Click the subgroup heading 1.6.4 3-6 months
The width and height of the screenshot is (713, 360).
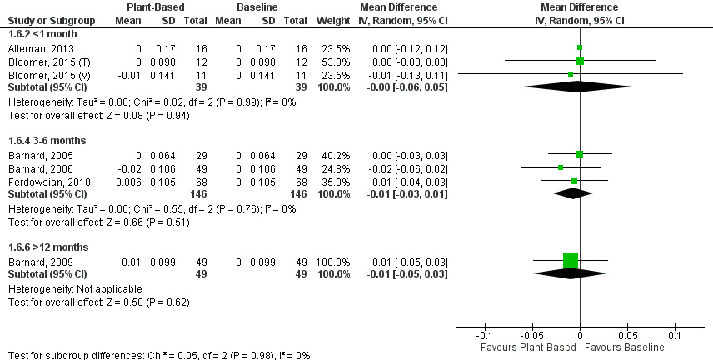43,140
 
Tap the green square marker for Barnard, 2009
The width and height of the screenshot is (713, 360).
571,261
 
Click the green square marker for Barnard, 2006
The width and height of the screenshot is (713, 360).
561,167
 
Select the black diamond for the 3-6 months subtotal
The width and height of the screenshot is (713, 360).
571,193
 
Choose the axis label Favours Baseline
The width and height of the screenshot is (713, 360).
625,345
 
